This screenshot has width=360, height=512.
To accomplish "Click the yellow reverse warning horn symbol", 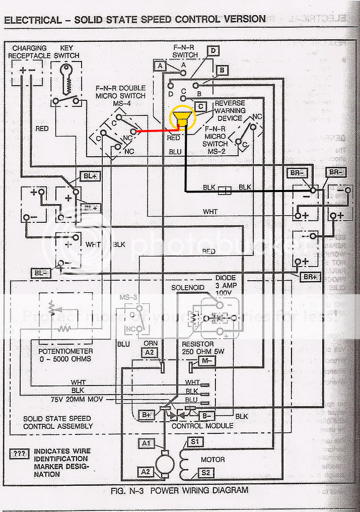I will pyautogui.click(x=182, y=118).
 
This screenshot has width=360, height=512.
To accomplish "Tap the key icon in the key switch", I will pyautogui.click(x=65, y=75).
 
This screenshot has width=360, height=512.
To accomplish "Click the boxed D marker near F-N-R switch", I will pyautogui.click(x=213, y=50).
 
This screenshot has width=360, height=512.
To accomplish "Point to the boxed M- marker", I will pyautogui.click(x=206, y=361).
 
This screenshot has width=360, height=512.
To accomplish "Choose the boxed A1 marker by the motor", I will pyautogui.click(x=147, y=443).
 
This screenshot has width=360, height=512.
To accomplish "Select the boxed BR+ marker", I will pyautogui.click(x=309, y=277).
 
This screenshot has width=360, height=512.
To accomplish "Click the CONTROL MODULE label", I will pyautogui.click(x=202, y=426).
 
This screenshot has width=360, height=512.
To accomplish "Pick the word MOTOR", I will pyautogui.click(x=213, y=460).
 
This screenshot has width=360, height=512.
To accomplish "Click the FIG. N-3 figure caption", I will pyautogui.click(x=179, y=490).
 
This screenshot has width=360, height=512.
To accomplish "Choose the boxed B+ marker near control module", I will pyautogui.click(x=147, y=415).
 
